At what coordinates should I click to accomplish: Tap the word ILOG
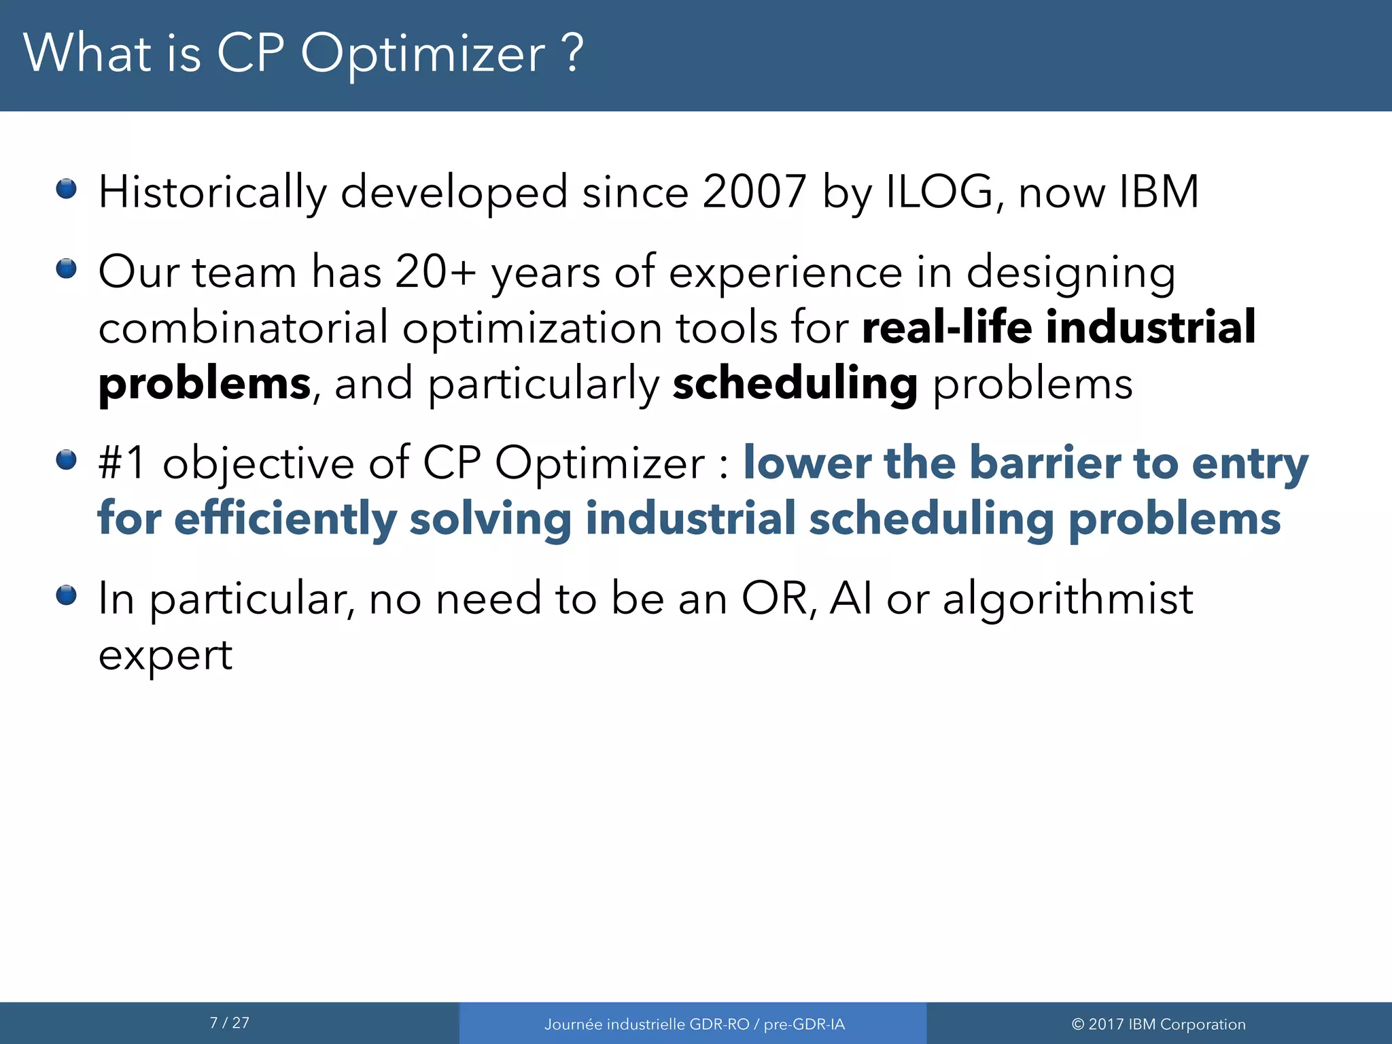(x=940, y=192)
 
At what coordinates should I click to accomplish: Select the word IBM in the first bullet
(x=1159, y=192)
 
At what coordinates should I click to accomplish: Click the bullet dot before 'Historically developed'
(x=67, y=188)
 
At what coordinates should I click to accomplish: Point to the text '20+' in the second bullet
(x=435, y=272)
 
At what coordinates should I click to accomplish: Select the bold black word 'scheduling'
(x=795, y=384)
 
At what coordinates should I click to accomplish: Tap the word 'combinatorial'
(x=243, y=328)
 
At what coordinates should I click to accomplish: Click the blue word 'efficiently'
(x=285, y=519)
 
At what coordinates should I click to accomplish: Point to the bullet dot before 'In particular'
(x=67, y=595)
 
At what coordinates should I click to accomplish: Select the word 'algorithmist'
(x=1068, y=599)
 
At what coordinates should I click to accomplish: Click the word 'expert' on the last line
(x=165, y=656)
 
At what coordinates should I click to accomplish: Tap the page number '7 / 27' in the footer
(x=230, y=1023)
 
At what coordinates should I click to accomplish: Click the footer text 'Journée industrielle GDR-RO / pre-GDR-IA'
(x=694, y=1024)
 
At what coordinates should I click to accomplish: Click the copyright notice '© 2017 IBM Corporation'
(x=1158, y=1024)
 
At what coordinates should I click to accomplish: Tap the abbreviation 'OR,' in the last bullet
(x=779, y=599)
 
